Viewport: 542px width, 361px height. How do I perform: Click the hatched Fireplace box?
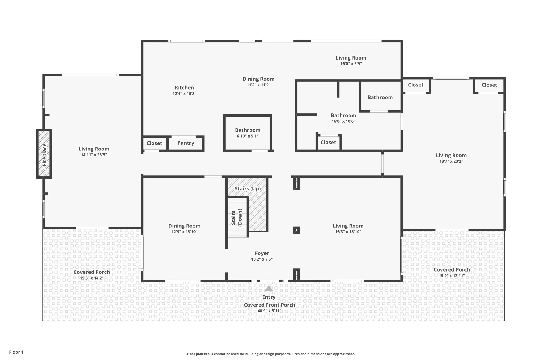tap(44, 154)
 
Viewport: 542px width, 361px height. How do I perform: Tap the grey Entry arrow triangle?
tap(269, 288)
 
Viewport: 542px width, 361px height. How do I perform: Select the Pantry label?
tap(186, 143)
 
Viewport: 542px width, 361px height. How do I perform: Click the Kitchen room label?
tap(184, 88)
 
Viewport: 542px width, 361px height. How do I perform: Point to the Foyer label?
tap(262, 253)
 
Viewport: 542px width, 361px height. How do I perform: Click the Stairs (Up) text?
tap(248, 189)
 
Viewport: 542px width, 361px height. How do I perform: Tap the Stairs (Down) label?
tap(237, 218)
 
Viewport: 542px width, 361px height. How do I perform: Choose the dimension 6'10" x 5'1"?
tap(247, 136)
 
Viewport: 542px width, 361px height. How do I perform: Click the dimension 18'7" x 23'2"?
tap(451, 161)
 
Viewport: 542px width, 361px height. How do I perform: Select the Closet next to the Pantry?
tap(154, 143)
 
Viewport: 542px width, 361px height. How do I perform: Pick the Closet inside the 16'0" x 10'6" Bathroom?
tap(328, 142)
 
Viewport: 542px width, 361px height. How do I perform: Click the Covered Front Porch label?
tap(269, 305)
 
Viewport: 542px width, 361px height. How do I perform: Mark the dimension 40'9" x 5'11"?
tap(269, 311)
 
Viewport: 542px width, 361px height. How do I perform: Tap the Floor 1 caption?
tap(16, 352)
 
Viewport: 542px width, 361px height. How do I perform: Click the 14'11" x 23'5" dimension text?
tap(94, 155)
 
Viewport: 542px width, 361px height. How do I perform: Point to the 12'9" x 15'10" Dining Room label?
tap(184, 226)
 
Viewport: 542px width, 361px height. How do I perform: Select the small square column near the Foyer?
tap(296, 230)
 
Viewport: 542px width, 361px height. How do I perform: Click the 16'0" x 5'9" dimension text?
tap(351, 64)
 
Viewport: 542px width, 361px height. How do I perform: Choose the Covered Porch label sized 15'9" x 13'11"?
tap(452, 270)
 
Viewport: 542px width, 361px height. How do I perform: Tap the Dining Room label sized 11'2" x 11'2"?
tap(258, 79)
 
